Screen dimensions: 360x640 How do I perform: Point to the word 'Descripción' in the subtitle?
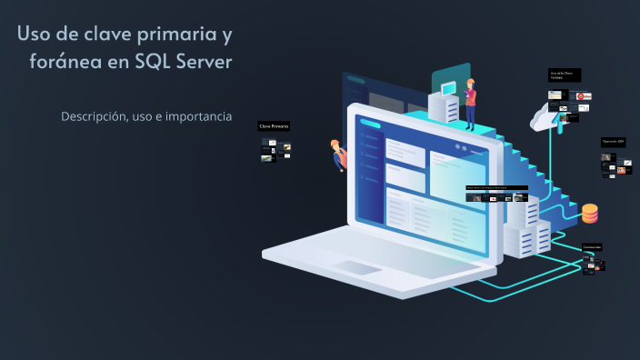tap(94, 117)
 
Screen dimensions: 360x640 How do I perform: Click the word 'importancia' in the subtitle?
tap(199, 117)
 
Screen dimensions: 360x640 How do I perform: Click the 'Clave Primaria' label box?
tap(275, 126)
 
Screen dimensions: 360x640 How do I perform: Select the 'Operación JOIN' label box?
tap(613, 142)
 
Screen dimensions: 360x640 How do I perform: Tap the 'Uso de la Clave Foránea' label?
tap(564, 75)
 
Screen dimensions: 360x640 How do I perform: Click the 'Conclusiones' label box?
tap(593, 247)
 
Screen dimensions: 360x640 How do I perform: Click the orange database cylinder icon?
tap(590, 214)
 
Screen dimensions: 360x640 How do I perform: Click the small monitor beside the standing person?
tap(447, 88)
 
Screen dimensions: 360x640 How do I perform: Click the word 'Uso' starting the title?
tap(34, 35)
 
